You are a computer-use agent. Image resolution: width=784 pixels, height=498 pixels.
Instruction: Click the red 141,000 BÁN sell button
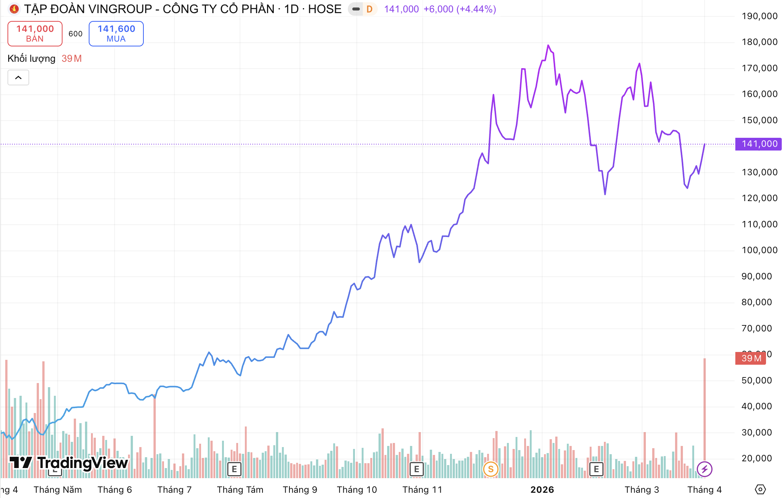tap(35, 34)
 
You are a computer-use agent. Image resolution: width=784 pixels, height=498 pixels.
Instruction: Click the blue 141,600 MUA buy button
tap(116, 34)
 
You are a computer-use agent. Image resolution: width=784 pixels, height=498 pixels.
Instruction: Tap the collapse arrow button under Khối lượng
tap(18, 78)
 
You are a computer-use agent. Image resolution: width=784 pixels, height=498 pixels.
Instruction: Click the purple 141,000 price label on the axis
tap(759, 144)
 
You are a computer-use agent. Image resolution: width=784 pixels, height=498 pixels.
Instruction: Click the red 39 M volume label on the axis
tap(750, 358)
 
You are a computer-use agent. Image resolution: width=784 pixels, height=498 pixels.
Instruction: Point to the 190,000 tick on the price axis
tap(759, 16)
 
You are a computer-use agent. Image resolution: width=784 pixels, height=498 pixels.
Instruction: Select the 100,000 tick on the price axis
tap(759, 250)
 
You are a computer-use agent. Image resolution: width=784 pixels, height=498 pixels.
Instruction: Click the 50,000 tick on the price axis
tap(759, 380)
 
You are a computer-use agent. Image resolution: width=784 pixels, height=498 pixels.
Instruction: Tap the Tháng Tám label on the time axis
tap(240, 490)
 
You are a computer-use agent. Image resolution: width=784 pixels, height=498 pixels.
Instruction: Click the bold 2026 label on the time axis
tap(542, 490)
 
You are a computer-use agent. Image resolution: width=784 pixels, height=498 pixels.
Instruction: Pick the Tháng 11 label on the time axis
tap(422, 490)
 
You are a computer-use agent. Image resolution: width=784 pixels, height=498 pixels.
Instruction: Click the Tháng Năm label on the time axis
tap(58, 490)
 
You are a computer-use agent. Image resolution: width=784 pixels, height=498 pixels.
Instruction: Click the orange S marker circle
tap(490, 469)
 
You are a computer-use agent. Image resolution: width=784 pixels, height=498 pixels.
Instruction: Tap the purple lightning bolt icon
tap(704, 469)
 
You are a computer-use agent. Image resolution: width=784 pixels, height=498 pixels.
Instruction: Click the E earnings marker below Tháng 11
tap(416, 469)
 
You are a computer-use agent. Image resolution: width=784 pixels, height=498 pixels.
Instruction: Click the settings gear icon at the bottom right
tap(760, 489)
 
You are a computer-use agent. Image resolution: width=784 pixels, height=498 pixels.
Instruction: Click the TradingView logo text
tap(82, 463)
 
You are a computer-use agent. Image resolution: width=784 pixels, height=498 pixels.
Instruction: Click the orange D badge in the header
tap(370, 9)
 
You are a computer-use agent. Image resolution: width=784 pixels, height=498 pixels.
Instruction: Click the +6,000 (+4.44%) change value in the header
tap(460, 9)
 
